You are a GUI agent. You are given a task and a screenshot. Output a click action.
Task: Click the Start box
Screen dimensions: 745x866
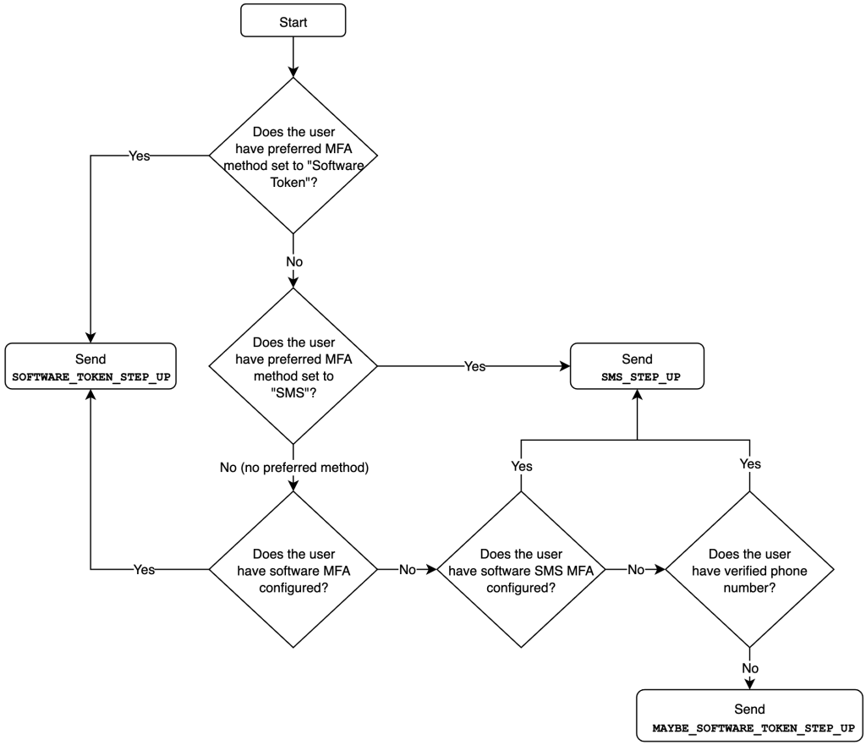(x=293, y=22)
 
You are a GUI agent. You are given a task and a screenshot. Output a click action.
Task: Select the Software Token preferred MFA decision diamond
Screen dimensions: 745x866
(x=293, y=156)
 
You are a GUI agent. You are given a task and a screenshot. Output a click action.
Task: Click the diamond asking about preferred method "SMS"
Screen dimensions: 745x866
(x=293, y=366)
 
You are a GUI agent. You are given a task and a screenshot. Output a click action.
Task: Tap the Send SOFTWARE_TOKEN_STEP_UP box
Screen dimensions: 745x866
(x=90, y=366)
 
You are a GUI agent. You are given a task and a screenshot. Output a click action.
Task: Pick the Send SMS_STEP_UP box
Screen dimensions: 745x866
(x=636, y=366)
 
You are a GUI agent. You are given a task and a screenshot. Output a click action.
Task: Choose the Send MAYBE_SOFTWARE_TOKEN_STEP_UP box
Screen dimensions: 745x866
(x=749, y=717)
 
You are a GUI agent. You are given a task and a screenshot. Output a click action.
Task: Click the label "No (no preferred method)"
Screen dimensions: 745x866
(x=293, y=468)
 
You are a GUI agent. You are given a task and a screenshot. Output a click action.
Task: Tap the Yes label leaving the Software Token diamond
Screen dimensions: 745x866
(x=139, y=156)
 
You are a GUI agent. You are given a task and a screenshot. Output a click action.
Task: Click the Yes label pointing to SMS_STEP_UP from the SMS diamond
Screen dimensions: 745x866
(x=475, y=366)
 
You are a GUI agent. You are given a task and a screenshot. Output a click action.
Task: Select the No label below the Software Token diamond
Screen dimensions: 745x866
(x=293, y=261)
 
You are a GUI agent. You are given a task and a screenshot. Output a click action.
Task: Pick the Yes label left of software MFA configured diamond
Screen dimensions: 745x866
(x=144, y=569)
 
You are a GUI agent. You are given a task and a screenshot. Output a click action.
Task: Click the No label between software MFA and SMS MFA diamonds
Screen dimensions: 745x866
(x=408, y=569)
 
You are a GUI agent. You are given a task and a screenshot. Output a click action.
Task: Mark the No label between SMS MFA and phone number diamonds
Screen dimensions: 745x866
(x=636, y=569)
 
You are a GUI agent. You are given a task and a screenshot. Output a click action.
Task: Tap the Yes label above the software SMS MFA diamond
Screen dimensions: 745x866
(x=521, y=465)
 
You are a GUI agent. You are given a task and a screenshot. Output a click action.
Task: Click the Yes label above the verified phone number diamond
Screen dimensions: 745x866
(x=749, y=463)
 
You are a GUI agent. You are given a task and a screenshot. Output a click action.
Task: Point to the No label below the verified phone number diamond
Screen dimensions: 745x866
(x=749, y=667)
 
